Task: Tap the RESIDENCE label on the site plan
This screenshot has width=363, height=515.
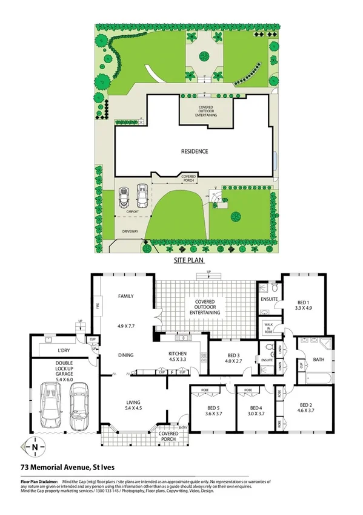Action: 195,151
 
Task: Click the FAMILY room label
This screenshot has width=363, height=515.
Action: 125,296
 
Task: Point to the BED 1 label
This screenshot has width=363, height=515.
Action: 304,302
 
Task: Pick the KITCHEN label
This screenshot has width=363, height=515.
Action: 177,353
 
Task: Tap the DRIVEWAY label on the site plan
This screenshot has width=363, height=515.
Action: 131,231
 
